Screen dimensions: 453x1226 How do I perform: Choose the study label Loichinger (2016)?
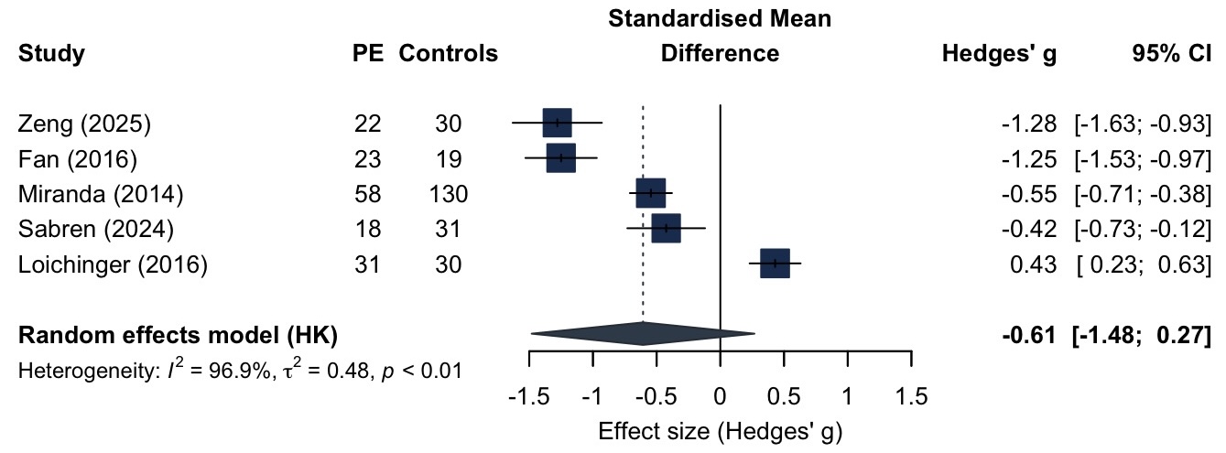pyautogui.click(x=113, y=264)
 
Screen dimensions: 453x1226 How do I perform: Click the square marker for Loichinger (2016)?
pyautogui.click(x=775, y=264)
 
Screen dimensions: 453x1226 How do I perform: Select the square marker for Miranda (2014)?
pyautogui.click(x=651, y=193)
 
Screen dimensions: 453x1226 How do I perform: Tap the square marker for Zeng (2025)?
pyautogui.click(x=557, y=123)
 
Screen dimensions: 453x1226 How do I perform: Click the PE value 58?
pyautogui.click(x=367, y=194)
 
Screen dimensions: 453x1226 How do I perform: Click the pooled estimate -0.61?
pyautogui.click(x=1032, y=335)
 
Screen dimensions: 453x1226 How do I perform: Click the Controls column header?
pyautogui.click(x=448, y=54)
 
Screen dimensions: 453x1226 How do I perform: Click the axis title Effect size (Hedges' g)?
pyautogui.click(x=720, y=430)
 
